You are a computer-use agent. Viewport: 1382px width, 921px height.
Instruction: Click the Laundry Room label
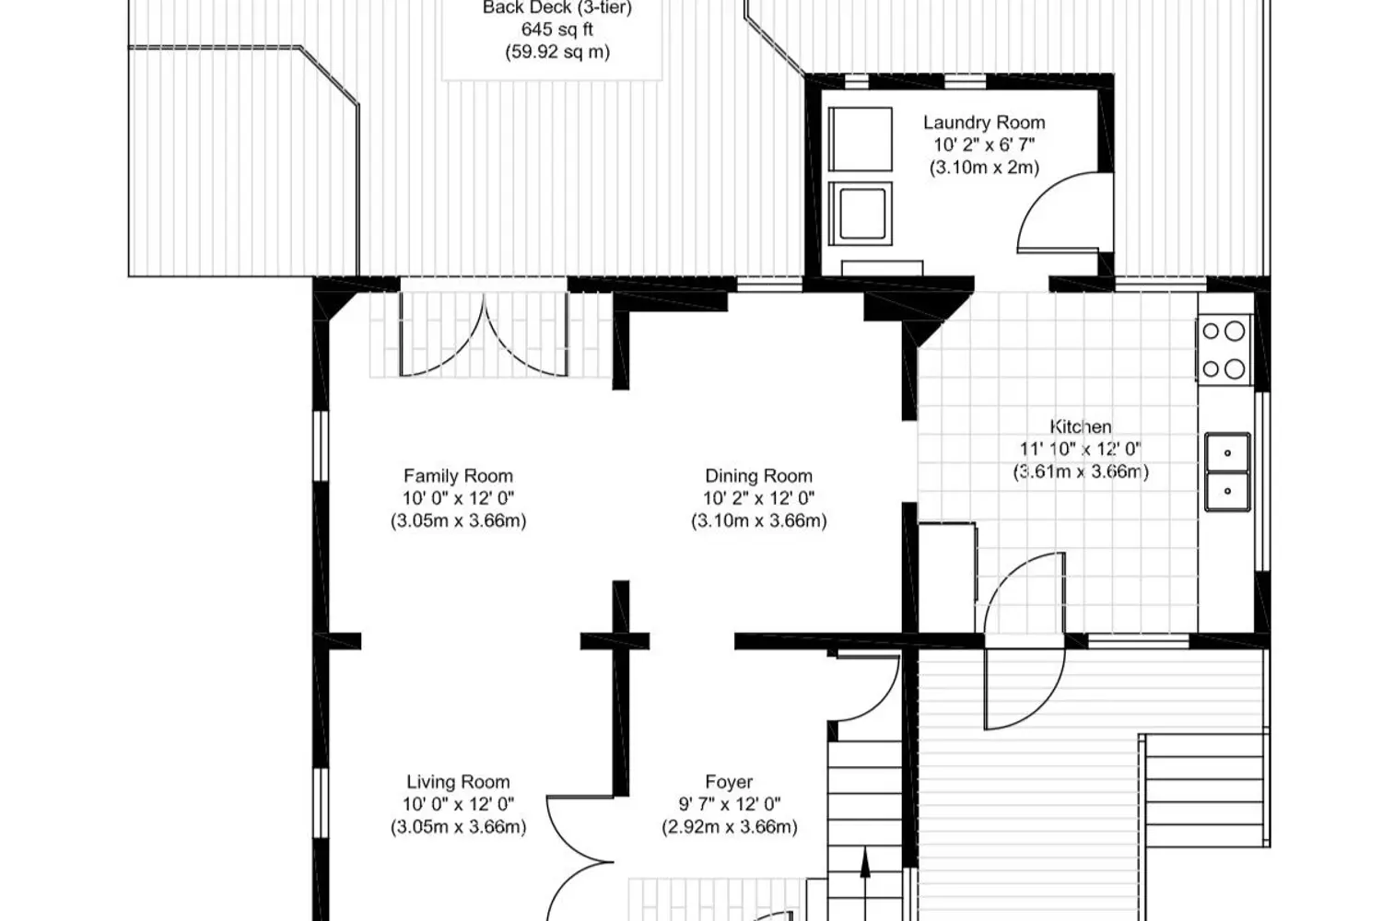(x=984, y=122)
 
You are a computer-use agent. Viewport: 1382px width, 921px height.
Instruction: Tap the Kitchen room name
(x=1081, y=426)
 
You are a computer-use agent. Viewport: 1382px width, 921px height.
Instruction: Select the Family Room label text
(x=458, y=475)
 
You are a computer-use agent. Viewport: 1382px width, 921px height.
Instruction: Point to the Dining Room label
(x=758, y=475)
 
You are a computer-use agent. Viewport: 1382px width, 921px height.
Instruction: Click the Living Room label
(x=458, y=782)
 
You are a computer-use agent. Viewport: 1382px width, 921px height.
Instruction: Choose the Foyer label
(x=729, y=782)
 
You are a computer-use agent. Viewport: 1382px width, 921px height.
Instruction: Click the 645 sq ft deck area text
(x=557, y=29)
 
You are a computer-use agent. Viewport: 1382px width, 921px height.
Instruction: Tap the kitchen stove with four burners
(x=1224, y=350)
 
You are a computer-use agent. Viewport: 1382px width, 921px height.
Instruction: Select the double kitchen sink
(x=1227, y=472)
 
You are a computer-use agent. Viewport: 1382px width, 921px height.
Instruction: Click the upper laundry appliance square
(x=860, y=139)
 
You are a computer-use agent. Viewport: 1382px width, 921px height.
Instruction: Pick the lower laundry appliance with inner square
(x=860, y=214)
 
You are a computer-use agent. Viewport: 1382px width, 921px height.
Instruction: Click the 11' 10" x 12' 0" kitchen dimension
(x=1081, y=449)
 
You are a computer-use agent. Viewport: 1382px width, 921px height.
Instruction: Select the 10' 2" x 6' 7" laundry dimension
(x=984, y=145)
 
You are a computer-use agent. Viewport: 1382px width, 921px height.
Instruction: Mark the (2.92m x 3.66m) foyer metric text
(x=730, y=827)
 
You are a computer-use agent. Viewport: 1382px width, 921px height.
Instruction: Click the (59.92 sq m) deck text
(x=557, y=52)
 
